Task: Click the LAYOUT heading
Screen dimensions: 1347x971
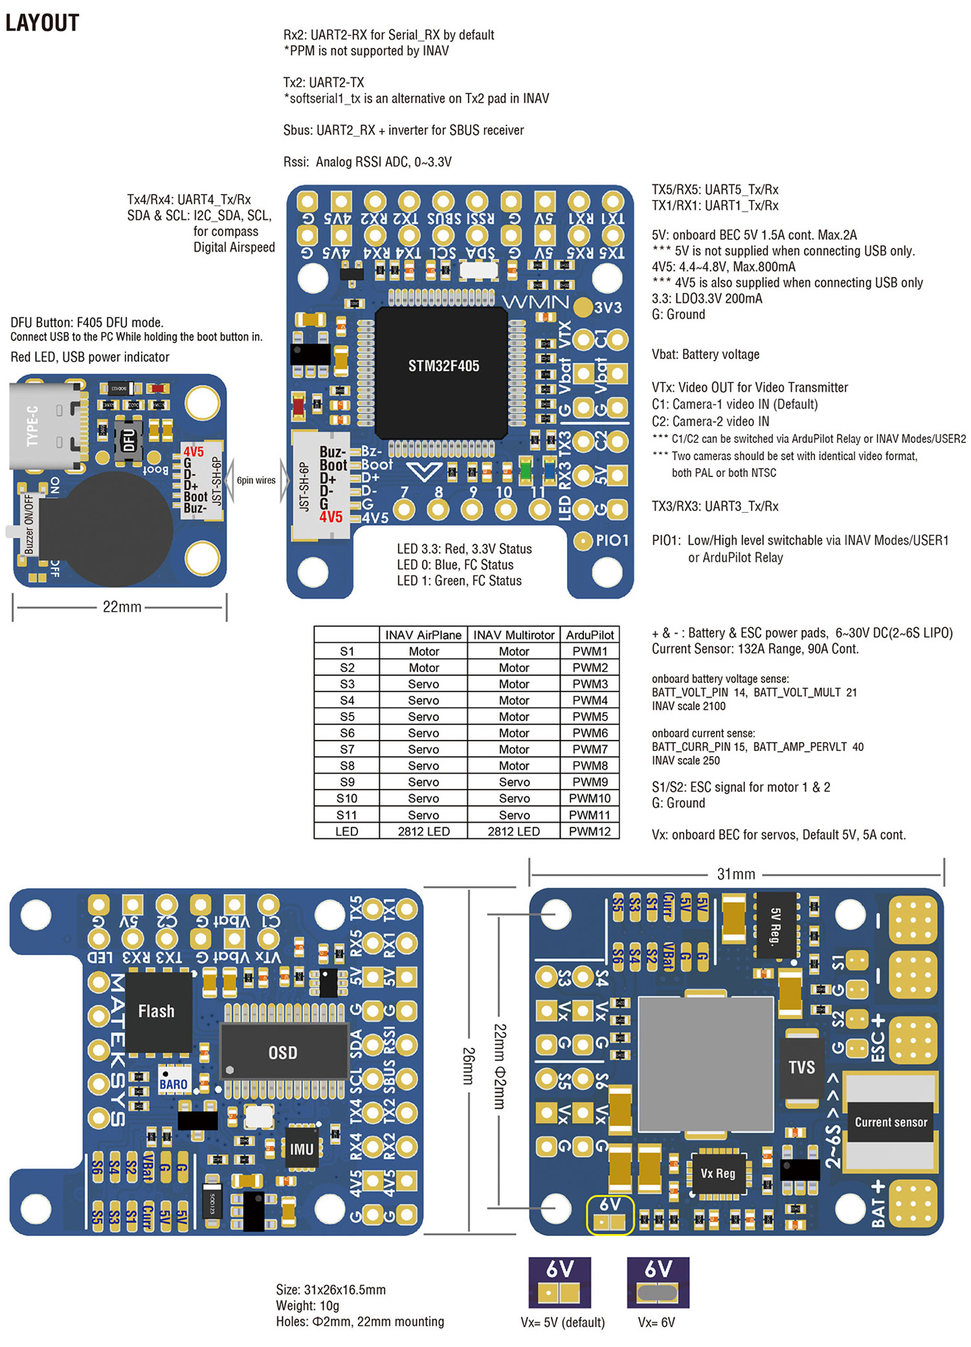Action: click(42, 23)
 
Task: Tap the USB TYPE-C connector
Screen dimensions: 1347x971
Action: click(45, 425)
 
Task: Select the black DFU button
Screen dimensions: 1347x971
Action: click(129, 441)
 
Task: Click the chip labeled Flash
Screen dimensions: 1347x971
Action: click(157, 1011)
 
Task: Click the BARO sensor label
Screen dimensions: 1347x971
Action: click(173, 1084)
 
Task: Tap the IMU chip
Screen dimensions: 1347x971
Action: click(302, 1149)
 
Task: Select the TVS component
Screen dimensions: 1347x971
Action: click(801, 1067)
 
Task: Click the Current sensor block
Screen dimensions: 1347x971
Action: click(891, 1122)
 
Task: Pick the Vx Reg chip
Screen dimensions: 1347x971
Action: click(718, 1173)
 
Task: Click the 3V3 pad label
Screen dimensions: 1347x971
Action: click(608, 307)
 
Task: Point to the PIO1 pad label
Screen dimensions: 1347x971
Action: click(612, 540)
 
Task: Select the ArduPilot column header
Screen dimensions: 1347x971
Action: click(590, 635)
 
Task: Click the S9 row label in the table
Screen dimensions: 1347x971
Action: click(347, 782)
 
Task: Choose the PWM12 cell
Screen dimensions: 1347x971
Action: click(590, 831)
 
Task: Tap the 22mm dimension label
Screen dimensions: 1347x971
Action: click(122, 607)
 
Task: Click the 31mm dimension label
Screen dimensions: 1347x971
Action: click(736, 874)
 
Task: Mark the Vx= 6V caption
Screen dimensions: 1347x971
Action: click(656, 1322)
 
